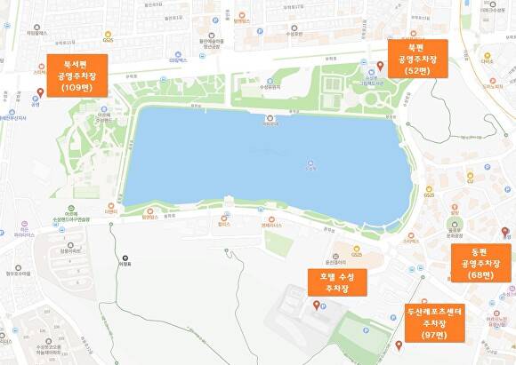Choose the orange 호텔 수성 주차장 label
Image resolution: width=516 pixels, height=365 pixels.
(335, 282)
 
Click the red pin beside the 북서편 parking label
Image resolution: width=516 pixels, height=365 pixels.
(39, 92)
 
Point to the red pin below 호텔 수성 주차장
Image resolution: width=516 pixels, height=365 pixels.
(315, 305)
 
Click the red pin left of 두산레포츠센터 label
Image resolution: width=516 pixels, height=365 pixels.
(398, 345)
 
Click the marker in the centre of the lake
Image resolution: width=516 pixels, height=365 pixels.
(310, 163)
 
